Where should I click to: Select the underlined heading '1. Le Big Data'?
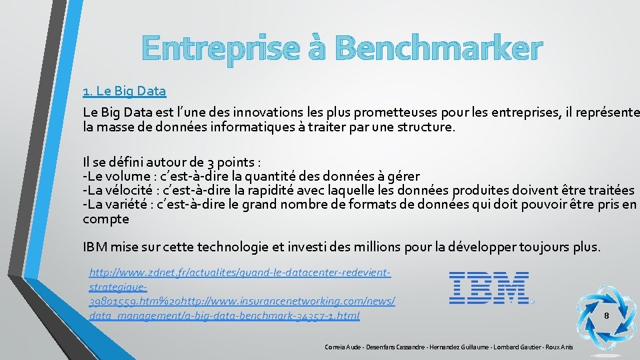pos(124,90)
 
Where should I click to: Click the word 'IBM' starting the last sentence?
pos(95,247)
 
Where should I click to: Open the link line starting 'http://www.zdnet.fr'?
pos(239,273)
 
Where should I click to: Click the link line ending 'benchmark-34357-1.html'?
pos(224,315)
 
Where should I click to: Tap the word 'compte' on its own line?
pos(105,219)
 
